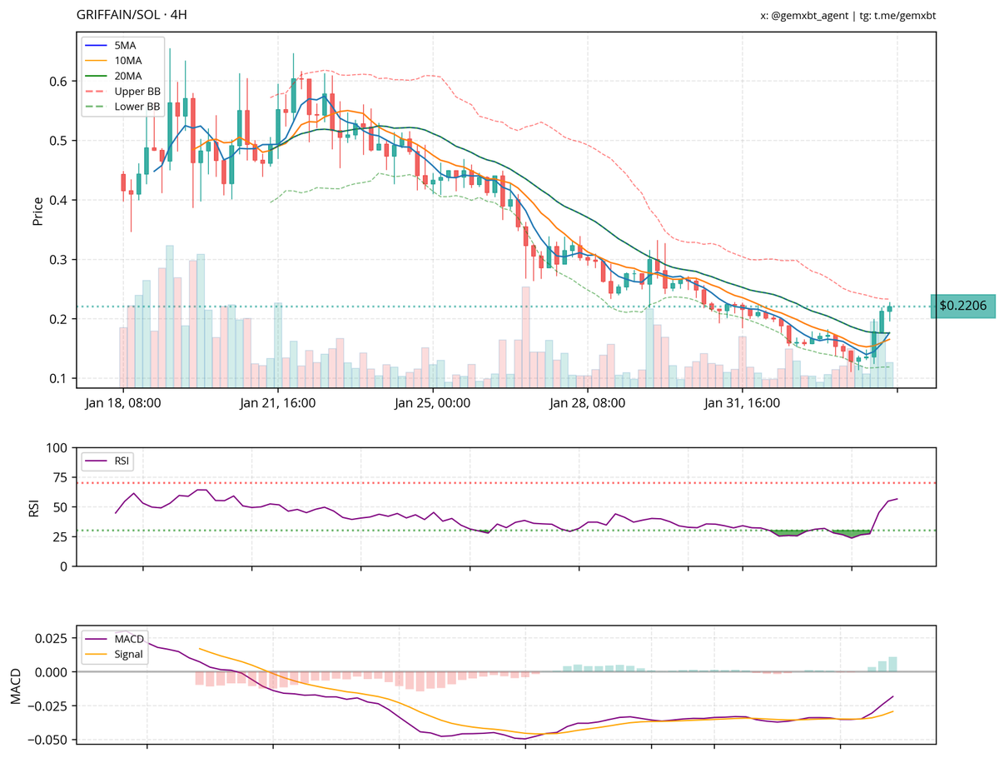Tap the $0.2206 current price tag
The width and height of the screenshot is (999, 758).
(962, 307)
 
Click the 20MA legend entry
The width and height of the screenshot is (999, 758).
(127, 76)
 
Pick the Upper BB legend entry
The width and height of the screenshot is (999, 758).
(137, 91)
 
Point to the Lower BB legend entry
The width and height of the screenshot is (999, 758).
(137, 107)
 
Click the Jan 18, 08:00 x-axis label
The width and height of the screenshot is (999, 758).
(122, 404)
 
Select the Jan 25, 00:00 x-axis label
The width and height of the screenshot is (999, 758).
(432, 404)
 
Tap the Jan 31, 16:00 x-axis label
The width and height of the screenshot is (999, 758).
(742, 404)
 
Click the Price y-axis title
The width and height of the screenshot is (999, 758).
(37, 212)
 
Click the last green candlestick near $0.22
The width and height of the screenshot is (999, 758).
(890, 309)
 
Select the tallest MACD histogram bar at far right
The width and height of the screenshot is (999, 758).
(892, 664)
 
